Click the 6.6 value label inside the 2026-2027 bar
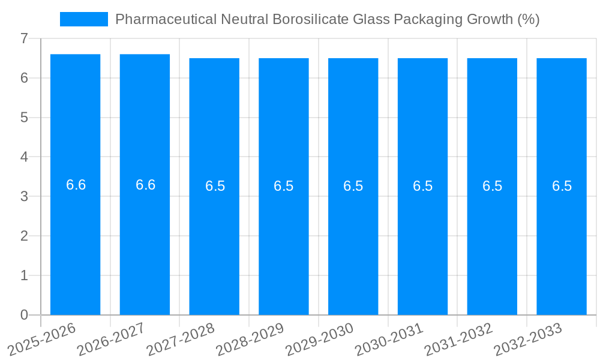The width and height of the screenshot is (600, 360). [145, 185]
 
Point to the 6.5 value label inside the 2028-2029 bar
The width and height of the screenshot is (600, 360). [283, 186]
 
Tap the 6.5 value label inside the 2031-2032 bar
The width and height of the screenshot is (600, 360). [492, 186]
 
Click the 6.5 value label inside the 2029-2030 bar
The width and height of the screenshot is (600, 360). [353, 186]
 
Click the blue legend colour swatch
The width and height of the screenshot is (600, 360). [84, 19]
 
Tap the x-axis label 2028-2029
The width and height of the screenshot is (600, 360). [250, 338]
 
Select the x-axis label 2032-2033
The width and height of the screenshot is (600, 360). [528, 338]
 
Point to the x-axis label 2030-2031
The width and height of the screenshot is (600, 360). [389, 338]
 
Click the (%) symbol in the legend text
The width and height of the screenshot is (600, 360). [528, 19]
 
